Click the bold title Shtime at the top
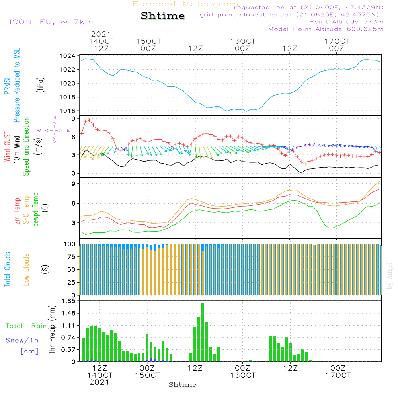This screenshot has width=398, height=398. click(x=163, y=16)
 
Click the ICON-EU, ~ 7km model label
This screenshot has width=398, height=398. click(x=51, y=22)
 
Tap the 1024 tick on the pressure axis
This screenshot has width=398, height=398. click(x=68, y=56)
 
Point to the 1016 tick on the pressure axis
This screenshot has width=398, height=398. click(x=68, y=111)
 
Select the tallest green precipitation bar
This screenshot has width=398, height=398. click(x=203, y=332)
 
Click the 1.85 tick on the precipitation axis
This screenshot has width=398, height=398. click(x=68, y=301)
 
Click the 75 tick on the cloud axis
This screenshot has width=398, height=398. click(x=71, y=257)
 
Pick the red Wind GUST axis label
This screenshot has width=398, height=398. click(x=8, y=146)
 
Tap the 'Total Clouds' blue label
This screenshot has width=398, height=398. click(x=7, y=269)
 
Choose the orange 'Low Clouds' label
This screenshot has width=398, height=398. click(x=26, y=269)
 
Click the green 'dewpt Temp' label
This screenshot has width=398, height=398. click(x=35, y=209)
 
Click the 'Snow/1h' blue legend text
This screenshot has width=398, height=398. click(x=22, y=340)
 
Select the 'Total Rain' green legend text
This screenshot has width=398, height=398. click(x=26, y=326)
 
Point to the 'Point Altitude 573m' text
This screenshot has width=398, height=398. click(x=347, y=22)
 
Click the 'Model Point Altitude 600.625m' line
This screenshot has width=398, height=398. click(x=326, y=29)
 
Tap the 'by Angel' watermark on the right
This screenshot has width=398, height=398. click(x=389, y=276)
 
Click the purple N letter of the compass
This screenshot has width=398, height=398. click(x=54, y=118)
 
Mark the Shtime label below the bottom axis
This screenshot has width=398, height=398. click(x=183, y=385)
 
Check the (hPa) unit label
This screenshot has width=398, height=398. click(x=40, y=85)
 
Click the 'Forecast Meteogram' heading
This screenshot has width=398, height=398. click(x=185, y=4)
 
